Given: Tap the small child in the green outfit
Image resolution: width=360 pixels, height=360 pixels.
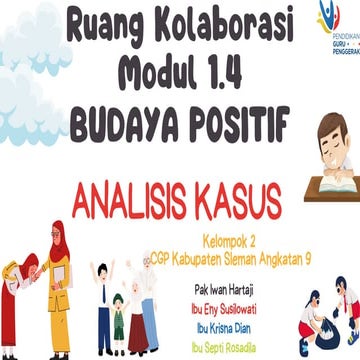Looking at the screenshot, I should click(x=118, y=319).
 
